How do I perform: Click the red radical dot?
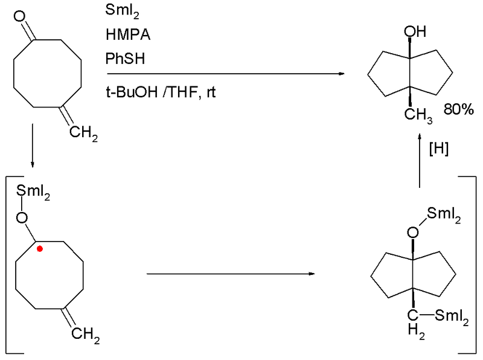tap(40, 249)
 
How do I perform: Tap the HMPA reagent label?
tap(128, 34)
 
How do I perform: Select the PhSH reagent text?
tap(125, 59)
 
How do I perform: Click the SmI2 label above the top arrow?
tap(123, 11)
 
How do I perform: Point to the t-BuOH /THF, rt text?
tap(161, 92)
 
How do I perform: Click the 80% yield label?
tap(459, 109)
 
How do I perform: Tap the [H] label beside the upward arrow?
tap(439, 149)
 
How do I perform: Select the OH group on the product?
tap(415, 31)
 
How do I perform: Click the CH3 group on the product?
tap(418, 115)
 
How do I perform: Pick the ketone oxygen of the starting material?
tap(20, 16)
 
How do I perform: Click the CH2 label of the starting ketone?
tap(83, 133)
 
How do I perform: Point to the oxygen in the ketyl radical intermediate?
tap(22, 218)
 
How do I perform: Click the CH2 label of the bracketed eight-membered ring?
tap(86, 335)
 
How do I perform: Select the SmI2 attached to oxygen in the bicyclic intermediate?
tap(444, 214)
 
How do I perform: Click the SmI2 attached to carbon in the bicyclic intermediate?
tap(452, 317)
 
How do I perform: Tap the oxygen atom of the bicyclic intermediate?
tap(413, 233)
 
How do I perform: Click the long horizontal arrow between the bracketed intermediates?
tap(231, 274)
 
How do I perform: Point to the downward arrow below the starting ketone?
tap(33, 146)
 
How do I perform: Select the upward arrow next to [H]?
tap(419, 161)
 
